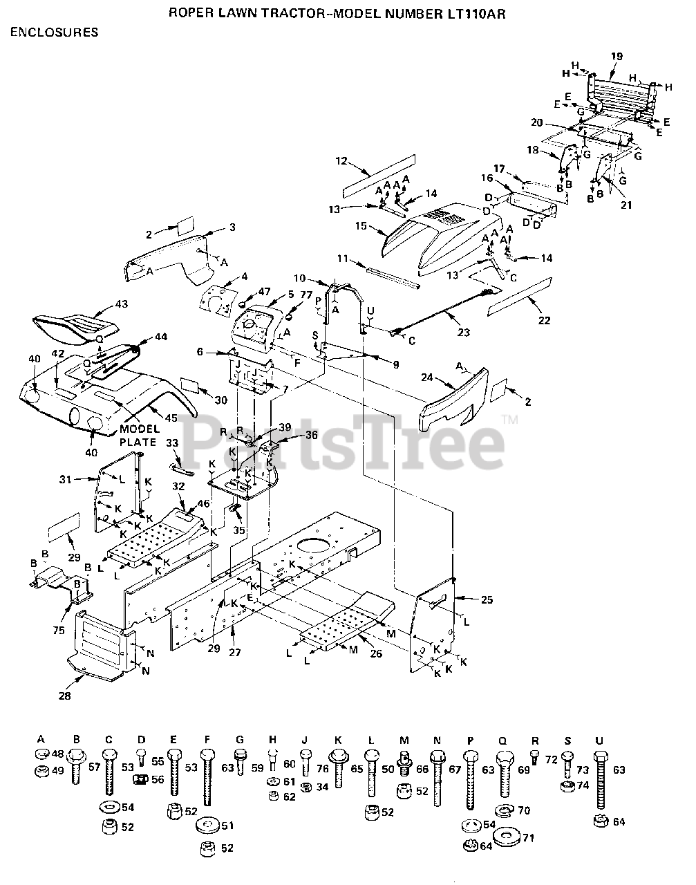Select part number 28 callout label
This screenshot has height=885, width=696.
point(64,696)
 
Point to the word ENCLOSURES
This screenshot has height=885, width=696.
point(54,32)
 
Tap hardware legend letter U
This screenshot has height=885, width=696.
point(599,739)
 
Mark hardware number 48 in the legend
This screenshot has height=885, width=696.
point(57,754)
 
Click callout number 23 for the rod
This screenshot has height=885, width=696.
point(463,332)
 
